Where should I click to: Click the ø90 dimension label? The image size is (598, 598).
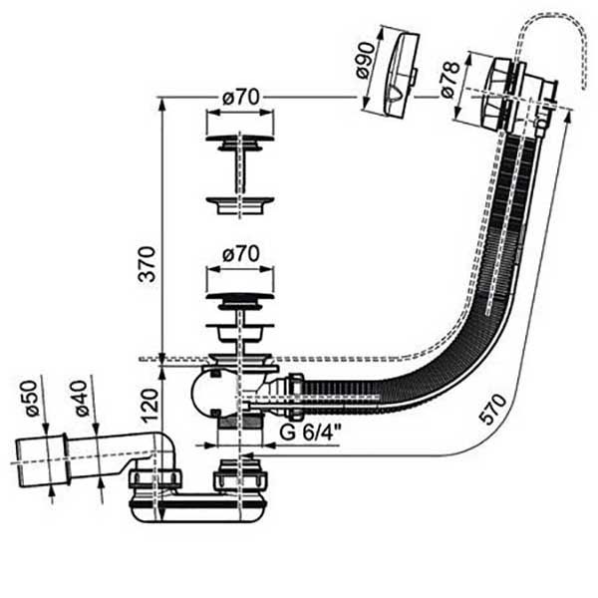tap(366, 60)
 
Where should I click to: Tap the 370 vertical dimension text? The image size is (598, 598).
tap(148, 264)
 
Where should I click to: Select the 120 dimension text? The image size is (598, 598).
tap(150, 405)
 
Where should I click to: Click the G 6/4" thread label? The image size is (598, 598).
tap(310, 433)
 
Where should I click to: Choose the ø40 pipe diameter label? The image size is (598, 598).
tap(81, 399)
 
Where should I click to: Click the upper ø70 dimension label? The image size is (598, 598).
tap(240, 97)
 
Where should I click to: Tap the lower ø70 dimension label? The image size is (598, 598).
tap(240, 253)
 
